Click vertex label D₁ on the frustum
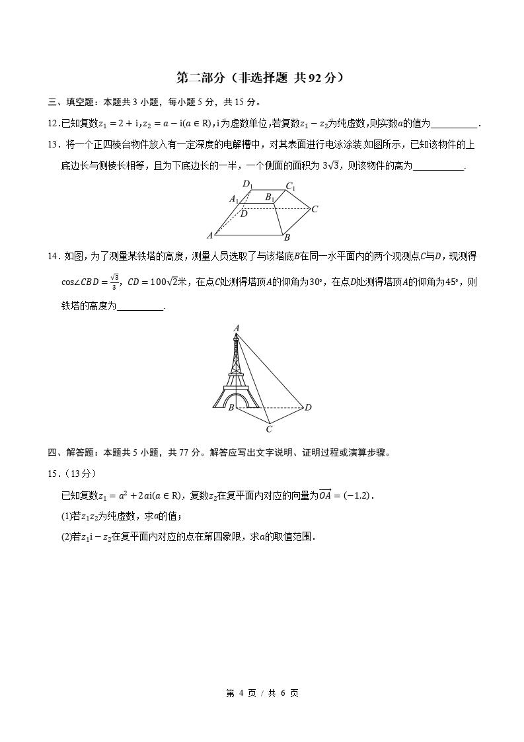(247, 184)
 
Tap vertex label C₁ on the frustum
(290, 186)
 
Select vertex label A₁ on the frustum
(234, 198)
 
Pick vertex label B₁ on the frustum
(270, 196)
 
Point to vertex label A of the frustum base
(210, 235)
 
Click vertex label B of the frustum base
(287, 237)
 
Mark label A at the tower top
(236, 327)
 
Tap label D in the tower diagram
(308, 407)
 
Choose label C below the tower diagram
(270, 429)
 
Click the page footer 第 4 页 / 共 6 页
(262, 693)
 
